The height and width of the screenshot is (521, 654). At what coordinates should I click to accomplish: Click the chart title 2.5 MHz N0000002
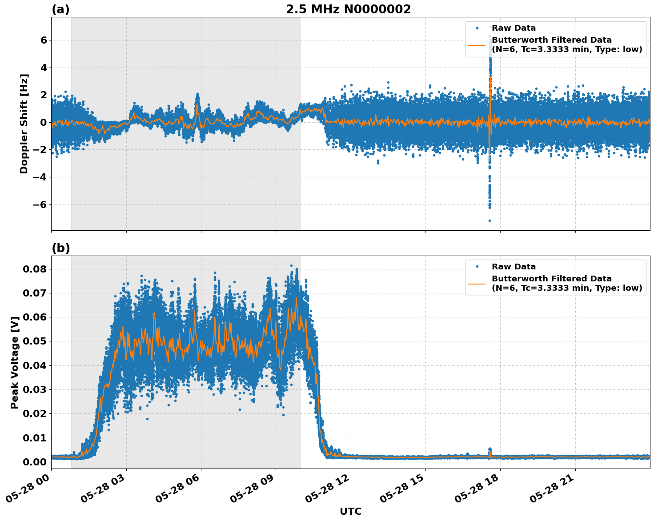click(348, 9)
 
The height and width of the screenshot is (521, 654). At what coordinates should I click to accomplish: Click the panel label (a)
click(60, 9)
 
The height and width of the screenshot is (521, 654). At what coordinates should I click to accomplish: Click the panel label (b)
click(60, 248)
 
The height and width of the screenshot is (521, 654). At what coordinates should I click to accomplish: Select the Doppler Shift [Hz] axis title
click(24, 124)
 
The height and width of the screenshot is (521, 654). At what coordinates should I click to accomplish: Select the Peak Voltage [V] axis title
click(15, 362)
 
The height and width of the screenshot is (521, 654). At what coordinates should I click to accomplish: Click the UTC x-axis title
click(350, 511)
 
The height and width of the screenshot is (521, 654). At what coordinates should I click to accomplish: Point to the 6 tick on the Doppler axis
click(44, 40)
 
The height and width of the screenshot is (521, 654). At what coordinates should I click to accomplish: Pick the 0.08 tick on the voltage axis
click(34, 269)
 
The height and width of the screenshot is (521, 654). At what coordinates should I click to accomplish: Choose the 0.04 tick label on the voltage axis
click(34, 365)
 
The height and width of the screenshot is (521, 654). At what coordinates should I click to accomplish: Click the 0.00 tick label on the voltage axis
click(34, 462)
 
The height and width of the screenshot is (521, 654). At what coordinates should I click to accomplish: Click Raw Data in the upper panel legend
click(514, 28)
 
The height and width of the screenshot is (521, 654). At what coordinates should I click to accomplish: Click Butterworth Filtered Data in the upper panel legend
click(551, 40)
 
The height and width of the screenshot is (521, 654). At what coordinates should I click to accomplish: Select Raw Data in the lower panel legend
click(514, 267)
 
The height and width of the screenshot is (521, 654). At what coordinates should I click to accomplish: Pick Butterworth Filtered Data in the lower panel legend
click(551, 279)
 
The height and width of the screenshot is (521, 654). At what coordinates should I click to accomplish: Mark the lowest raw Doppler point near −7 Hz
click(489, 220)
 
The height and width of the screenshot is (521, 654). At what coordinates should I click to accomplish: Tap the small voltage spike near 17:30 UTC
click(490, 449)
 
